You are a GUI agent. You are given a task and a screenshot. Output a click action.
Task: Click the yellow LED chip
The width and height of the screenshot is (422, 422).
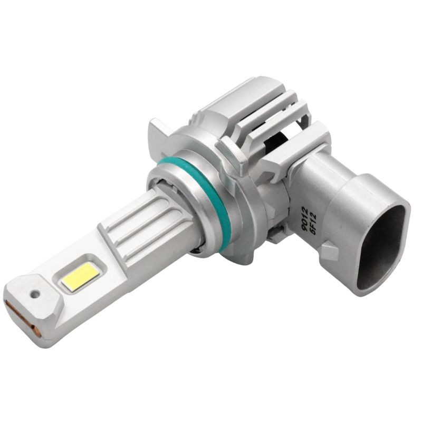(79, 276)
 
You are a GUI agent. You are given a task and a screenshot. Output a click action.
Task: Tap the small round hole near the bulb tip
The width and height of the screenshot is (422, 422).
(35, 294)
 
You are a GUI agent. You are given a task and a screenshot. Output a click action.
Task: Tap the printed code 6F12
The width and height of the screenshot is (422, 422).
(313, 223)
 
